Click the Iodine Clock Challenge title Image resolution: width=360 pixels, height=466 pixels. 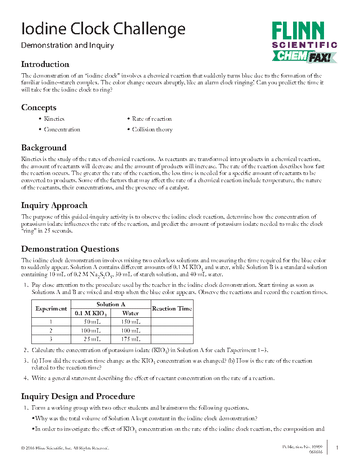tap(103, 29)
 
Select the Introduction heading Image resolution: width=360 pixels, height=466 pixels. tap(45, 64)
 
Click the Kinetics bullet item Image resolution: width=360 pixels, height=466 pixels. tap(54, 119)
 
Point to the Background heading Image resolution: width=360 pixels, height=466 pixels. tap(44, 148)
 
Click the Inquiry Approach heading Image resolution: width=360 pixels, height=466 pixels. tap(54, 205)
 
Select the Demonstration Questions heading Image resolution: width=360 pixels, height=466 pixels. tap(70, 249)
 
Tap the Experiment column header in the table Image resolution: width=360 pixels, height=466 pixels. tap(51, 309)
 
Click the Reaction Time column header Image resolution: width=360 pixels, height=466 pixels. tap(172, 309)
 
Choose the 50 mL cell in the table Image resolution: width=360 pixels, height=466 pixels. tap(91, 322)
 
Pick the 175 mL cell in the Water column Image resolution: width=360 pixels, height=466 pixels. tap(130, 339)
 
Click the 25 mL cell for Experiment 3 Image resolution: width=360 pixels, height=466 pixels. tap(91, 339)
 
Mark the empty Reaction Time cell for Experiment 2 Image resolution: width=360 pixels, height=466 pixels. tap(172, 330)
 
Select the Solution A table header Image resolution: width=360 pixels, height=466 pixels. tap(111, 305)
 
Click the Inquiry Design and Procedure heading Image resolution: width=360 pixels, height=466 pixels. tap(78, 397)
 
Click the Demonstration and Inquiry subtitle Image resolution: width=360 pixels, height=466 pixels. tap(67, 45)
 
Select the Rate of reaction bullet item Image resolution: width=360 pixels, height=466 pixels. tap(152, 119)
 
